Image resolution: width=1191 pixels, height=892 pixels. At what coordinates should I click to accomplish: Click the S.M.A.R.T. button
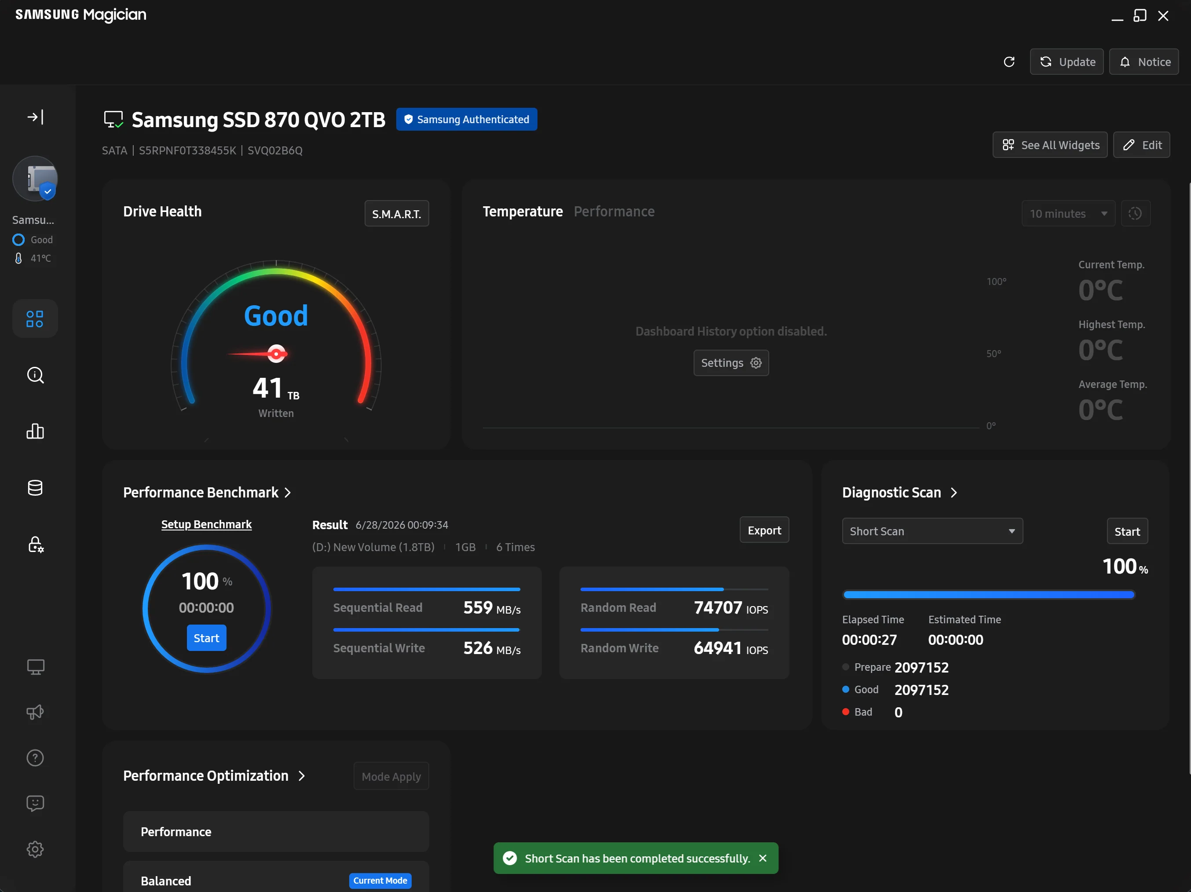click(396, 214)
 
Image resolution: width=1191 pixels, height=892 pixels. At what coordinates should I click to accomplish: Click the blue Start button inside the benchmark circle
click(206, 638)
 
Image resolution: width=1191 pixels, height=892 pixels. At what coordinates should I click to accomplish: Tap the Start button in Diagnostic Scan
click(1127, 531)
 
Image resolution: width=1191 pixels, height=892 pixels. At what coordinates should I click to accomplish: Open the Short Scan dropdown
click(932, 531)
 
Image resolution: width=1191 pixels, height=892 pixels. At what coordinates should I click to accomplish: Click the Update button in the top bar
click(1067, 62)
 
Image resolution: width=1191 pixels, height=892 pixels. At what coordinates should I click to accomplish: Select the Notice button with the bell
click(1144, 62)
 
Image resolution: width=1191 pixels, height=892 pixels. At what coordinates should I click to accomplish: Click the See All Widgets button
click(1050, 145)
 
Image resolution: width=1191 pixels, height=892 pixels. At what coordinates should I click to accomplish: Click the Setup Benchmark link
click(206, 524)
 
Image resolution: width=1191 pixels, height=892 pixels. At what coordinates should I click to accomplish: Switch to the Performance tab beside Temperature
click(614, 212)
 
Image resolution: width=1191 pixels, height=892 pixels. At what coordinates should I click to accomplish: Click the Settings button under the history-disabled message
click(731, 363)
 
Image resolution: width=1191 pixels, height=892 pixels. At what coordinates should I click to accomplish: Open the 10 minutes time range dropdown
click(1068, 214)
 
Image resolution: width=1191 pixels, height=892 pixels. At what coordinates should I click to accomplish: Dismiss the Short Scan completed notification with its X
click(763, 858)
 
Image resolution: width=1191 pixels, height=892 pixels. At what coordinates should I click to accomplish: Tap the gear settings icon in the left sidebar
click(35, 849)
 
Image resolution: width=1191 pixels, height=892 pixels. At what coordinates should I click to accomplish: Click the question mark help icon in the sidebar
click(35, 758)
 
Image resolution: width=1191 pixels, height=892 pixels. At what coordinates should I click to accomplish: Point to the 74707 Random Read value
click(718, 608)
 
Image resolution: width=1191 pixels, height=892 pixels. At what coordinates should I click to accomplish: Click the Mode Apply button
click(391, 776)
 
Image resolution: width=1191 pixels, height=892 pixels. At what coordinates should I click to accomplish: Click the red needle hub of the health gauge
click(276, 354)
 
